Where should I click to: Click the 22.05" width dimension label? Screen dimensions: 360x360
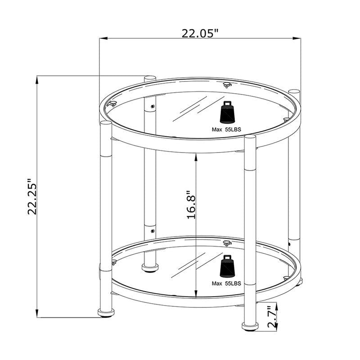200,33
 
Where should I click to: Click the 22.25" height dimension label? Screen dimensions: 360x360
31,195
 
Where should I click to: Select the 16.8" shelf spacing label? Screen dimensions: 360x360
191,204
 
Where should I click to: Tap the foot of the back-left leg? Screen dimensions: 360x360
149,269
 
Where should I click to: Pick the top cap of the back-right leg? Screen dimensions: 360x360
294,92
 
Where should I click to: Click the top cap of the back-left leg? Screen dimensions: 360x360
149,78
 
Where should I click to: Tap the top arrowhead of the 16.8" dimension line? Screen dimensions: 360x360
197,156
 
